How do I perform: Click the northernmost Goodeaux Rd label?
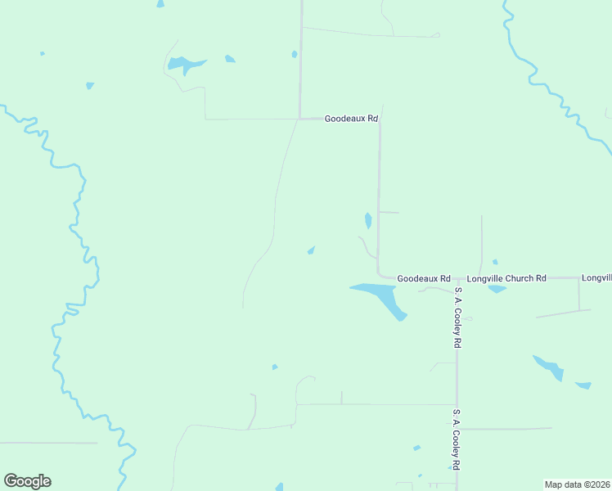tap(351, 119)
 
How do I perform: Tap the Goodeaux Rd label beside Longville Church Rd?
tap(424, 279)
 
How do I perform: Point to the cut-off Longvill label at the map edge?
tap(596, 278)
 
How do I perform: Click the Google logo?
tap(27, 481)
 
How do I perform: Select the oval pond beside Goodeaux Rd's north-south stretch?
tap(368, 220)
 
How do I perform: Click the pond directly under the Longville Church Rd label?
tap(497, 289)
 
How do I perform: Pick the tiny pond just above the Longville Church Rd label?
tap(494, 262)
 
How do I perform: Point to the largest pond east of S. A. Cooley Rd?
tap(549, 367)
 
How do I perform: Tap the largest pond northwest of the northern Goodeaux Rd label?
tap(185, 64)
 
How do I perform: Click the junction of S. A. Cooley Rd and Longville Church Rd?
tap(457, 278)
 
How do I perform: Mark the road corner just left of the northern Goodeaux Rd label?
tap(300, 119)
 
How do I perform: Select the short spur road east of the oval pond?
tap(389, 213)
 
